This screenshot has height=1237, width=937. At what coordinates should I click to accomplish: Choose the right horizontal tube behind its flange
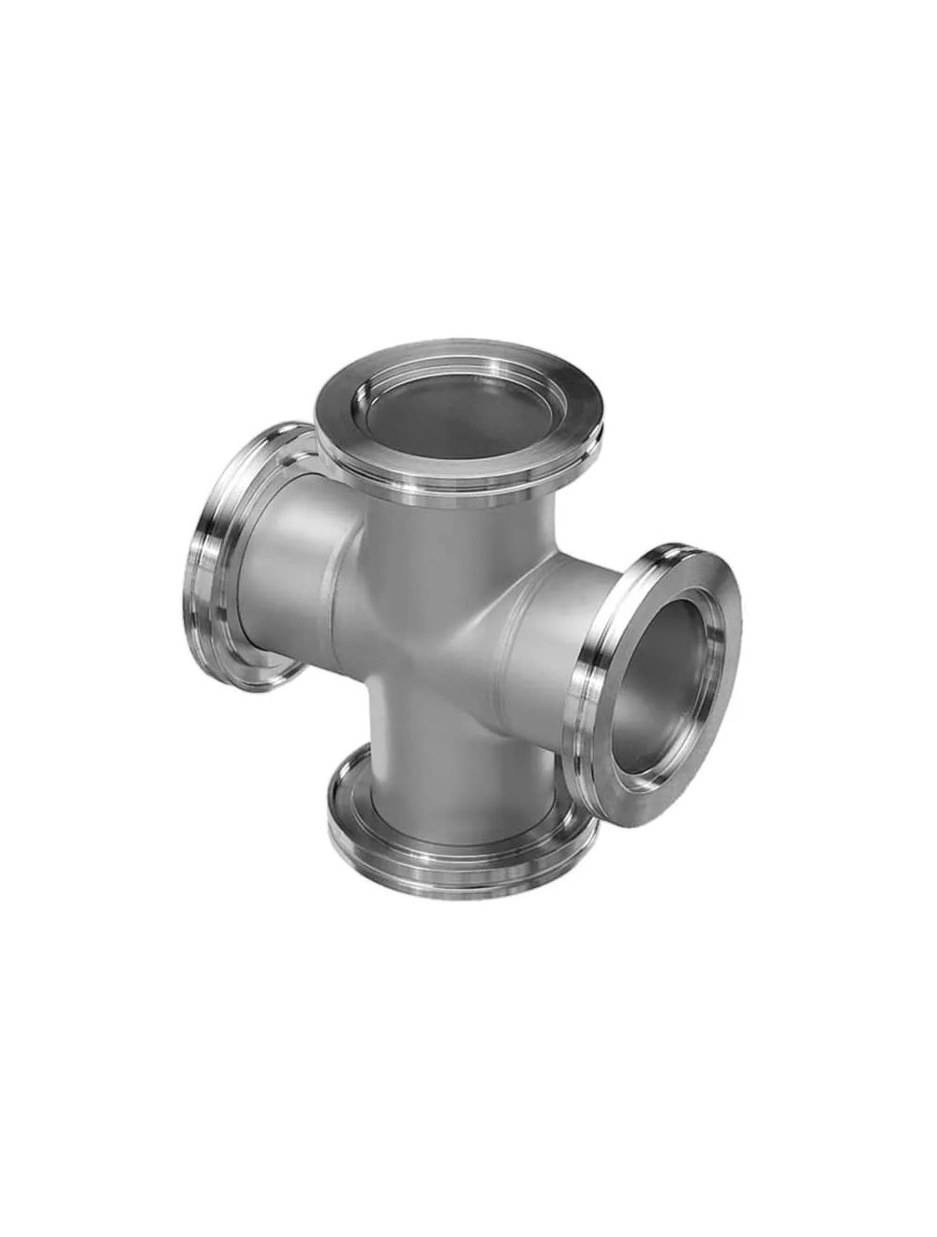pyautogui.click(x=553, y=656)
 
